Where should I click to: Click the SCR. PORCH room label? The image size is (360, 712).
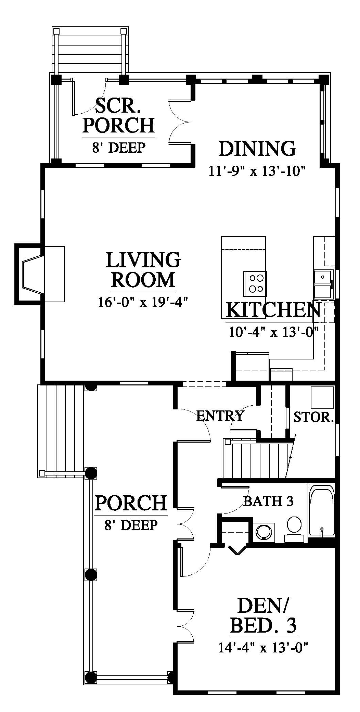118,115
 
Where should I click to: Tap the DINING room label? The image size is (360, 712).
257,149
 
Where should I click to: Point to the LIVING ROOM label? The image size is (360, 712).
143,270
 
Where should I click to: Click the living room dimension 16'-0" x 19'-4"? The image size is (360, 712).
143,302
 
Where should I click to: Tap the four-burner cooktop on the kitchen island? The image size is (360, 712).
255,283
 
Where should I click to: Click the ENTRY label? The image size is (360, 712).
220,416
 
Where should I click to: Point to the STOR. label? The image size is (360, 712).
313,417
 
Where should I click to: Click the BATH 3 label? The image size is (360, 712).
268,501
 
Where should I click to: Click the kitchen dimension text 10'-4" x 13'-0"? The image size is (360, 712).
274,332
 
